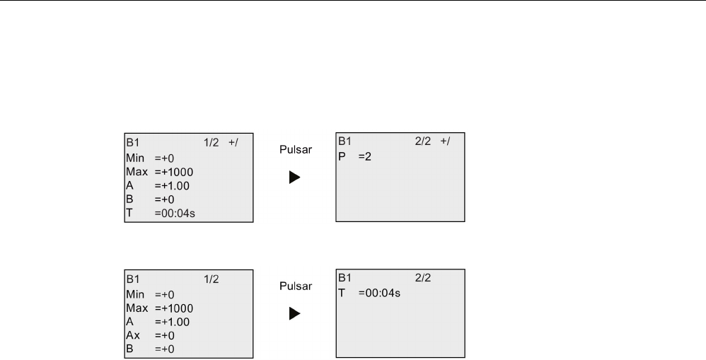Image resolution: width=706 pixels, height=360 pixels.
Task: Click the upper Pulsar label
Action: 294,151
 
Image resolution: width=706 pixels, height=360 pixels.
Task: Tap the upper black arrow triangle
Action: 294,177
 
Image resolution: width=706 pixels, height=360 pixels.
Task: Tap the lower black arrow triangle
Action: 294,314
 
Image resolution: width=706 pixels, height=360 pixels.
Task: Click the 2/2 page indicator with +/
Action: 432,141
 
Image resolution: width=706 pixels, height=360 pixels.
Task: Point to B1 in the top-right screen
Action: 344,141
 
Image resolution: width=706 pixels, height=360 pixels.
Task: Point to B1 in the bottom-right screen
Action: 344,279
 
